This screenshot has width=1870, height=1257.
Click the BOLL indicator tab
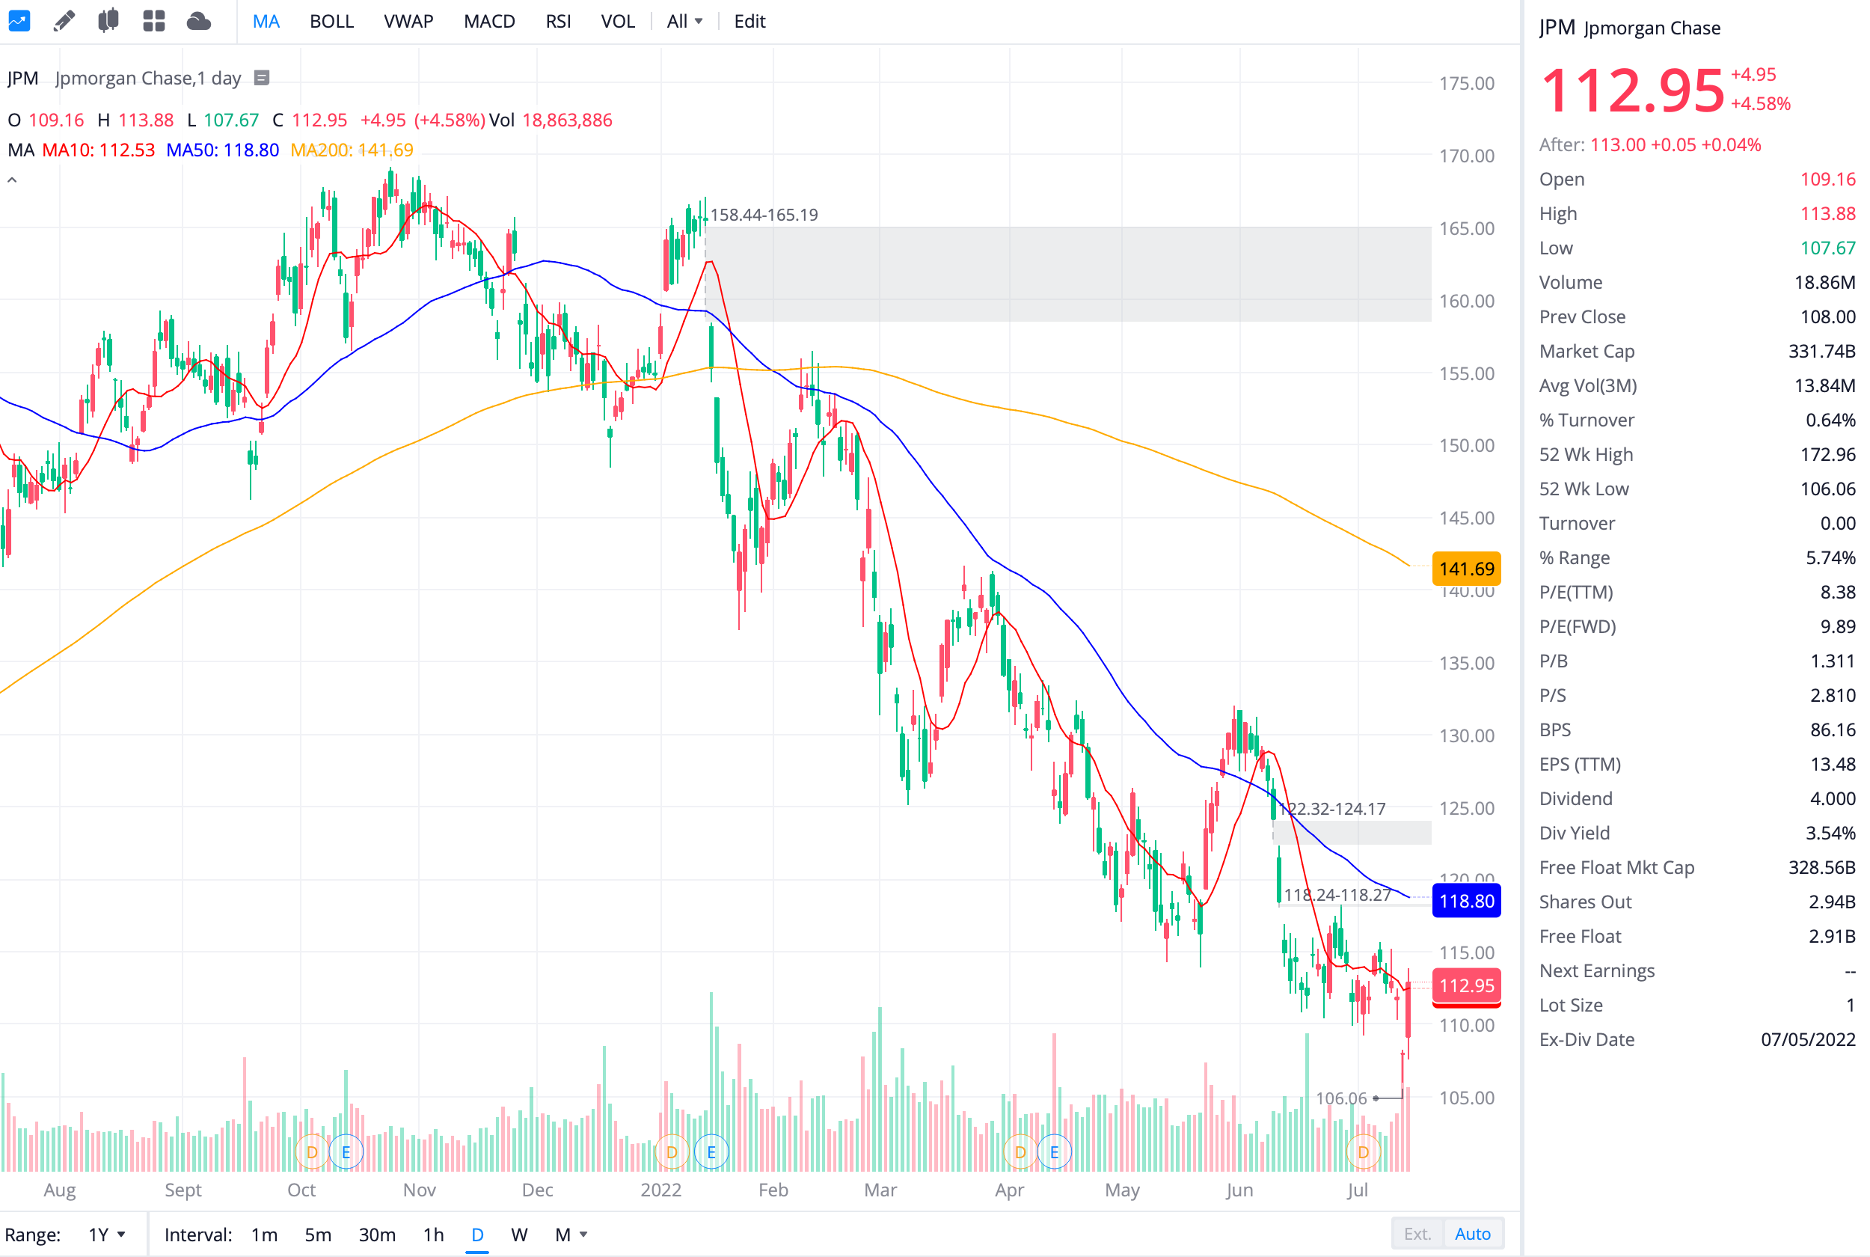pyautogui.click(x=331, y=22)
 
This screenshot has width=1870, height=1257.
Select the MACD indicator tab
pyautogui.click(x=488, y=22)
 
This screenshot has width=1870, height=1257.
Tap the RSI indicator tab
pyautogui.click(x=558, y=22)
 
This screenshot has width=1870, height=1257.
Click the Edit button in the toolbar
pyautogui.click(x=749, y=22)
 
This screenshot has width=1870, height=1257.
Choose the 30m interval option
pyautogui.click(x=376, y=1235)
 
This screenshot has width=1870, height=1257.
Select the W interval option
pyautogui.click(x=518, y=1235)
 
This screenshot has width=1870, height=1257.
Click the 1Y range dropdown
pyautogui.click(x=106, y=1235)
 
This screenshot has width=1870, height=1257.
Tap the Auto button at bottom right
pyautogui.click(x=1472, y=1234)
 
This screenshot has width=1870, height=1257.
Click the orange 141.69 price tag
pyautogui.click(x=1465, y=569)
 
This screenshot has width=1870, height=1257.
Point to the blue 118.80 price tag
pyautogui.click(x=1465, y=901)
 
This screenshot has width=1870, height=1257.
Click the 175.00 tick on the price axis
pyautogui.click(x=1465, y=83)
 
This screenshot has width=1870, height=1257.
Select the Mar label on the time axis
pyautogui.click(x=880, y=1190)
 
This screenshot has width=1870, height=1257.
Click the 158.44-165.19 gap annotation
pyautogui.click(x=764, y=215)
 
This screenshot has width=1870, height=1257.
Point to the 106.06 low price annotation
pyautogui.click(x=1340, y=1098)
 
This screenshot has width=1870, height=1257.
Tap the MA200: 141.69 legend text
pyautogui.click(x=352, y=150)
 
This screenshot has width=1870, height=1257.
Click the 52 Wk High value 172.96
pyautogui.click(x=1827, y=455)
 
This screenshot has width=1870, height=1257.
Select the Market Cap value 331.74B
pyautogui.click(x=1821, y=351)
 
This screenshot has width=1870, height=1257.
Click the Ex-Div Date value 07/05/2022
pyautogui.click(x=1806, y=1040)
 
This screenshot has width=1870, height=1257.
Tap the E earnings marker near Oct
pyautogui.click(x=346, y=1152)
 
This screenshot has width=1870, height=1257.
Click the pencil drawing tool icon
pyautogui.click(x=64, y=21)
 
